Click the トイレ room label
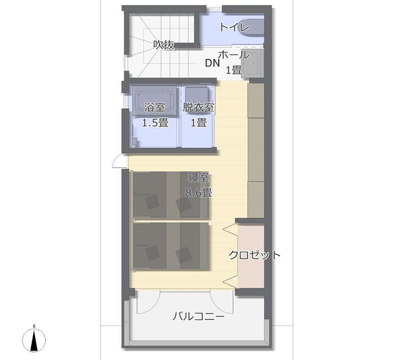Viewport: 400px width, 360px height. tap(234, 27)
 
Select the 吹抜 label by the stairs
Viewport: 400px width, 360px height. tap(164, 45)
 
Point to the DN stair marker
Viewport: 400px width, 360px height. tap(212, 63)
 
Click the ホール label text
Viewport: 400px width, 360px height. tap(233, 55)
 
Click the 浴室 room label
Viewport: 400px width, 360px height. tap(155, 108)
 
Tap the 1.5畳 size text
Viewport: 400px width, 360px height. tap(155, 123)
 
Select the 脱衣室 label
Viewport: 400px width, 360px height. tap(198, 108)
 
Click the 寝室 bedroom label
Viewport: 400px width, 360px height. tap(198, 178)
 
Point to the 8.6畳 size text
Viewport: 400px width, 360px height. tap(198, 193)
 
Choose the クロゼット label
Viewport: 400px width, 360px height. tap(254, 255)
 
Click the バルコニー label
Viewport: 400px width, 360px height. tap(198, 317)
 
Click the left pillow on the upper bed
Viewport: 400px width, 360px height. tap(152, 202)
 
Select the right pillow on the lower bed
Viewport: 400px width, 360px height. tap(184, 254)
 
